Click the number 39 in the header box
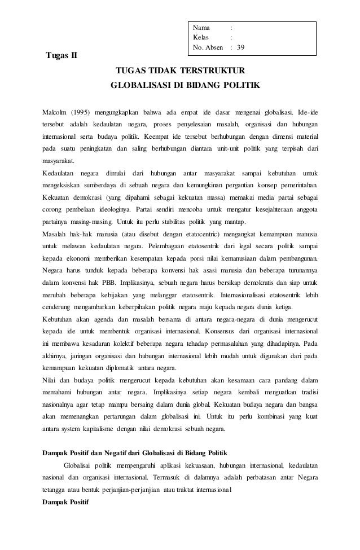pyautogui.click(x=241, y=48)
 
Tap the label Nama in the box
pyautogui.click(x=201, y=28)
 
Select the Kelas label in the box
pyautogui.click(x=201, y=38)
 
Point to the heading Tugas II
pyautogui.click(x=62, y=55)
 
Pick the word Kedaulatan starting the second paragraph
pyautogui.click(x=60, y=173)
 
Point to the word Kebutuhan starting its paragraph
pyautogui.click(x=61, y=319)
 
